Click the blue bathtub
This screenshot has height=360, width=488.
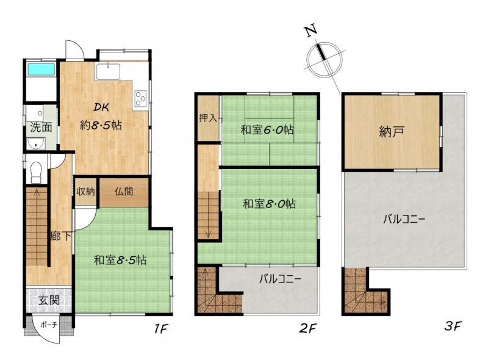pyautogui.click(x=41, y=70)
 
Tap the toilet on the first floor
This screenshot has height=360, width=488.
pyautogui.click(x=36, y=172)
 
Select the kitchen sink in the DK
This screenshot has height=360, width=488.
pyautogui.click(x=108, y=72)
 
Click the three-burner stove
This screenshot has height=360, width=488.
pyautogui.click(x=141, y=98)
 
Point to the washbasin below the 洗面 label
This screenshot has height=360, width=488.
pyautogui.click(x=35, y=143)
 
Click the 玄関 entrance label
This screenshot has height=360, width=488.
pyautogui.click(x=49, y=301)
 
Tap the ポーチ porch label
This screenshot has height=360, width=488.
pyautogui.click(x=49, y=325)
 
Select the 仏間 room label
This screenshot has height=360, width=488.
pyautogui.click(x=124, y=191)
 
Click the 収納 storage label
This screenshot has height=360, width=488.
pyautogui.click(x=85, y=192)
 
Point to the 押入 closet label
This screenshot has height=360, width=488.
pyautogui.click(x=208, y=118)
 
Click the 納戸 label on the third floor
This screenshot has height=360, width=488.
pyautogui.click(x=392, y=132)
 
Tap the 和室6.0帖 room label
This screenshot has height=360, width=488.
pyautogui.click(x=267, y=129)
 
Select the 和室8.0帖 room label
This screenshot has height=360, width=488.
pyautogui.click(x=269, y=204)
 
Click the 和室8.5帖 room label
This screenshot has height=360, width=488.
pyautogui.click(x=120, y=260)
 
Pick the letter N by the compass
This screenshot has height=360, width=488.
pyautogui.click(x=310, y=31)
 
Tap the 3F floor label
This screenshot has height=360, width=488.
pyautogui.click(x=453, y=326)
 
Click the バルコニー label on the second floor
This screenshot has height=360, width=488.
pyautogui.click(x=280, y=278)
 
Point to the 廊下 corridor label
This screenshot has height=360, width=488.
pyautogui.click(x=61, y=236)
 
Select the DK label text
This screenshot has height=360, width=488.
pyautogui.click(x=101, y=107)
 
